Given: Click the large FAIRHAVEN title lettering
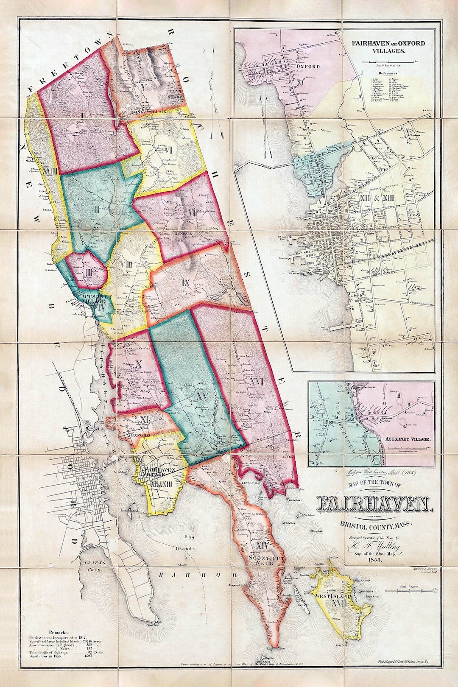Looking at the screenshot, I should pyautogui.click(x=373, y=503).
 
